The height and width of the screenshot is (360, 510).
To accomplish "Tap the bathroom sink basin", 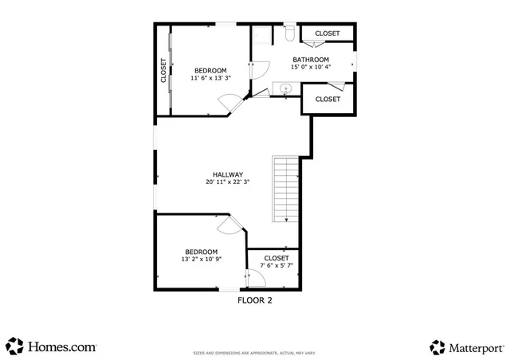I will (284, 88).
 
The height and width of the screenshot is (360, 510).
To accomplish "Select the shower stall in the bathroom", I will (262, 37).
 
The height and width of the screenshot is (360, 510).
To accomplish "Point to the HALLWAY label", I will (227, 174).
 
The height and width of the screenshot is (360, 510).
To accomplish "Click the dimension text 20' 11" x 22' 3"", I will (227, 182).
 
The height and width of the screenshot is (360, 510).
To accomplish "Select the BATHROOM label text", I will (310, 60).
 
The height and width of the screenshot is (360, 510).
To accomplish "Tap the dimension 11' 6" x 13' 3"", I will (210, 78).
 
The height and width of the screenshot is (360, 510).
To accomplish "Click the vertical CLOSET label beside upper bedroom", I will (163, 70).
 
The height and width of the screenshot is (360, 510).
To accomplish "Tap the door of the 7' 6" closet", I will (254, 278).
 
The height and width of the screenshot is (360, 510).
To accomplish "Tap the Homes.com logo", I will (52, 346).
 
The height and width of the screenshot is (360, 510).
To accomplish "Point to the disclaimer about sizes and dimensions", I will (254, 353).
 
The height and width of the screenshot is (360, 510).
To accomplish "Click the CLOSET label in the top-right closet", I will (327, 33).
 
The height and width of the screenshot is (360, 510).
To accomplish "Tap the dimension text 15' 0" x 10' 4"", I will (310, 68).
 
